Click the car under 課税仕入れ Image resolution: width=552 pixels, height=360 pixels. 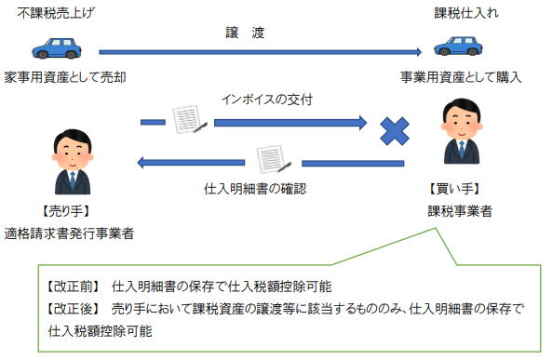(459, 47)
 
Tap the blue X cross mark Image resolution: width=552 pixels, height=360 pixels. (395, 132)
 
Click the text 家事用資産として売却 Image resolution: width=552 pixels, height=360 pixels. (64, 76)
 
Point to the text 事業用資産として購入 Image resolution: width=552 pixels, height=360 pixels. (461, 76)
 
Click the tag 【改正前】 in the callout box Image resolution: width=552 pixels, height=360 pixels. (74, 286)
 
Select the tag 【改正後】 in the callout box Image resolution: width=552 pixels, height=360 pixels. (74, 308)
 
